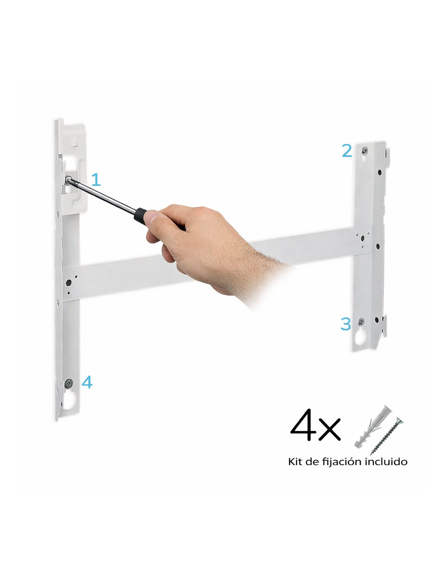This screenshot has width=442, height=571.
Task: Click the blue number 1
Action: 96,179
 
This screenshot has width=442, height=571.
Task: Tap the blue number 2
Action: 347,151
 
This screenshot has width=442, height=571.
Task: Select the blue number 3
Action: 346,324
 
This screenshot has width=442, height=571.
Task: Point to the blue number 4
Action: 87,382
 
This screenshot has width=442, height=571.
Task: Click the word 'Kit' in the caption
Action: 294,461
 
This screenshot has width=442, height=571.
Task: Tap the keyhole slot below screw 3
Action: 360,336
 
